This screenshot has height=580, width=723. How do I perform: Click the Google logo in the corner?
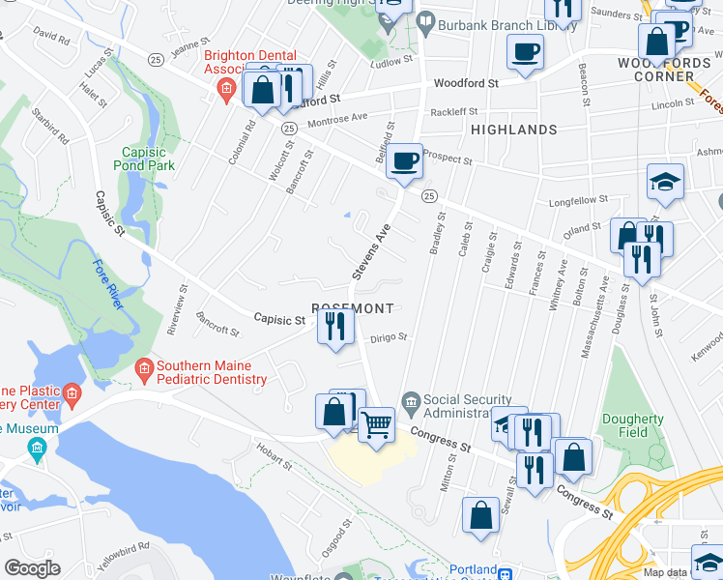click(x=32, y=568)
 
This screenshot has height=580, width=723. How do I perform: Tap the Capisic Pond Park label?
click(x=149, y=159)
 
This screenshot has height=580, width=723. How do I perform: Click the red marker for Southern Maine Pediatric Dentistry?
click(x=144, y=367)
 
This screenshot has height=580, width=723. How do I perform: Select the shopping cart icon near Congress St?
click(x=376, y=422)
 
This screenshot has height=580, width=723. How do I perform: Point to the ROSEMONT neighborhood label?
click(x=354, y=308)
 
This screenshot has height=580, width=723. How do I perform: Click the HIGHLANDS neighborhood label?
click(x=513, y=129)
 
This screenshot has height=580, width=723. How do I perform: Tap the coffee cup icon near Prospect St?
click(x=404, y=159)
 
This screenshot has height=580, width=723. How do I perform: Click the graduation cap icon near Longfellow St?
click(x=666, y=181)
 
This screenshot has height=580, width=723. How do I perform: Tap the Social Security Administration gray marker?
click(x=411, y=400)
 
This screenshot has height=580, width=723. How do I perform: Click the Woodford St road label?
click(x=465, y=83)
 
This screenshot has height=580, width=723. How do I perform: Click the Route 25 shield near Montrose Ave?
click(x=288, y=128)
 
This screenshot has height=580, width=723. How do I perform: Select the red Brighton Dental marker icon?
click(x=226, y=92)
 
